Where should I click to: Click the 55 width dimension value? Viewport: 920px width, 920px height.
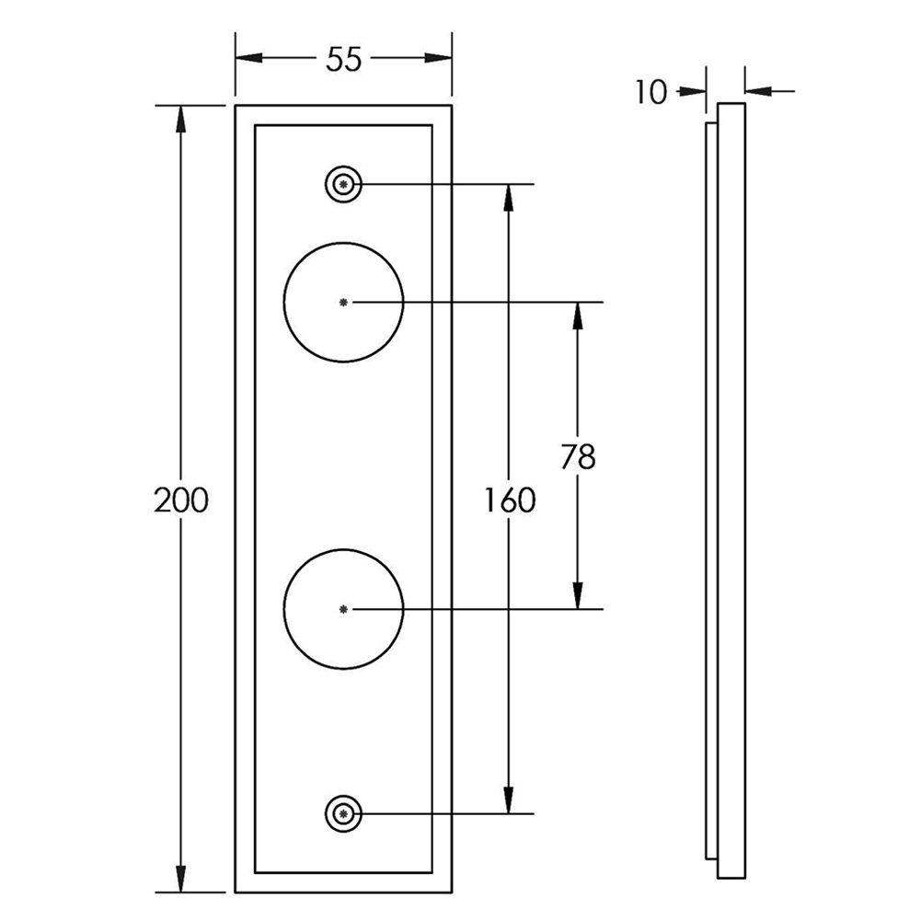click(344, 60)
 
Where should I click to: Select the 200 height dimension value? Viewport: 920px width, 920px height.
click(180, 500)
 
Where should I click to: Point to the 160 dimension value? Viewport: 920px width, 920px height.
click(510, 500)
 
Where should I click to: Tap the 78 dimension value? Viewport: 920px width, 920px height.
click(578, 456)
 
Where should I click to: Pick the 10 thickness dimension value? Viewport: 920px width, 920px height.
click(652, 92)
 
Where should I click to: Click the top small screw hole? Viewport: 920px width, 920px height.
click(343, 185)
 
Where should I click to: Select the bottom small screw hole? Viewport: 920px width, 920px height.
click(343, 814)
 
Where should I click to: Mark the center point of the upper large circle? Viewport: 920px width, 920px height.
click(344, 302)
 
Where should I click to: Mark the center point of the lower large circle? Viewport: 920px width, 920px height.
click(344, 610)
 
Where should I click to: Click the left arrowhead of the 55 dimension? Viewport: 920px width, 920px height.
click(248, 58)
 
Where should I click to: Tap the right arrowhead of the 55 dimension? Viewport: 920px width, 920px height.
click(438, 58)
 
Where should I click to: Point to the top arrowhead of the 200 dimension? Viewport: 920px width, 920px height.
click(180, 120)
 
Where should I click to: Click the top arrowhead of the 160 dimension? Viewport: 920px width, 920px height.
click(509, 199)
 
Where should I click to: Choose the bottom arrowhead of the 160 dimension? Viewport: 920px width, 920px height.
click(509, 800)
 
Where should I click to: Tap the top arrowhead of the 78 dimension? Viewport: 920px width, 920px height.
click(578, 316)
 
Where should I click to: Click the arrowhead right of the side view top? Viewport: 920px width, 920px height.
click(758, 91)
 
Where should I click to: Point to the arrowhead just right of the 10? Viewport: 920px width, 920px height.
click(693, 91)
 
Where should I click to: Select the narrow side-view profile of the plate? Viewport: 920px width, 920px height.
click(726, 490)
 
